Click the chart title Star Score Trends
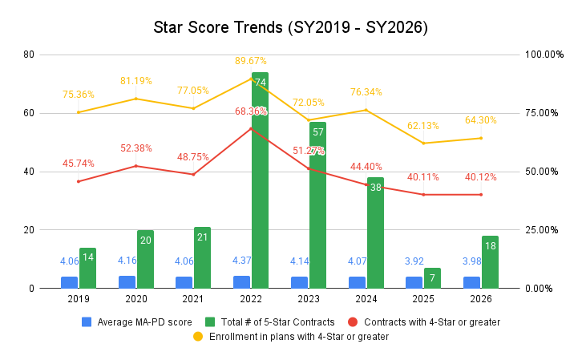[291, 27]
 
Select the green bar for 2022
[260, 180]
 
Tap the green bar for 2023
[317, 205]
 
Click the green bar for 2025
[433, 278]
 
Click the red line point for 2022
[251, 128]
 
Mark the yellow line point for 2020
[136, 99]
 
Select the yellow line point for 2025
[423, 143]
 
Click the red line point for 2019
[79, 181]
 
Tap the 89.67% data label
[251, 61]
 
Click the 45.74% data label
[79, 164]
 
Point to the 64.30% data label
[481, 120]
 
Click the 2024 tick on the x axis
[366, 299]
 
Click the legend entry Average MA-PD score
[136, 322]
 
